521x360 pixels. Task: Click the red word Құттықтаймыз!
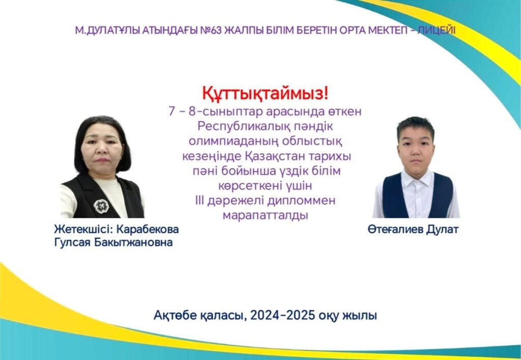click(265, 94)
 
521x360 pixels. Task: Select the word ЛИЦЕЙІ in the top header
click(436, 31)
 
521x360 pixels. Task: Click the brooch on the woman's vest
click(101, 206)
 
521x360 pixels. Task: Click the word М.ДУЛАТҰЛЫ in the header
click(108, 31)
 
